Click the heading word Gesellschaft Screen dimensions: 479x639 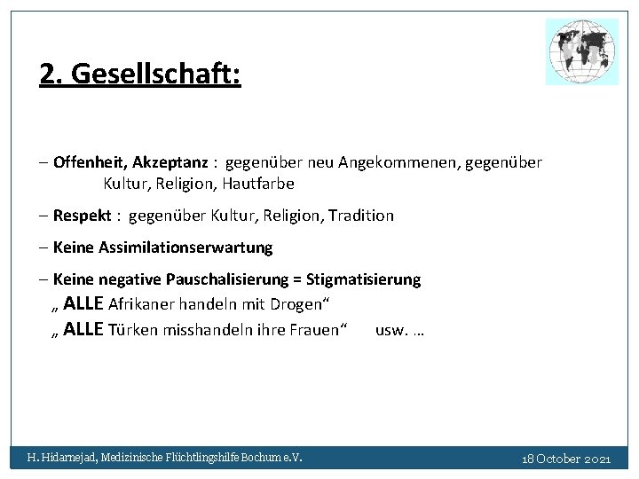click(155, 74)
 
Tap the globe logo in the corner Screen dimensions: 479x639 click(582, 52)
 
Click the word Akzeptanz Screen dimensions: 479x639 click(170, 162)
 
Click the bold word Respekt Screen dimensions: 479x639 click(82, 216)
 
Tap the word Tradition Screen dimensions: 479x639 click(360, 216)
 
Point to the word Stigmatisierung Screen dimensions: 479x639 click(363, 279)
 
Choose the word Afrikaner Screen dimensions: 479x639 click(141, 304)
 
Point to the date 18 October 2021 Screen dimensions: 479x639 click(566, 459)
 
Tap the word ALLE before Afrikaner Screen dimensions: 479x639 click(83, 304)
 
